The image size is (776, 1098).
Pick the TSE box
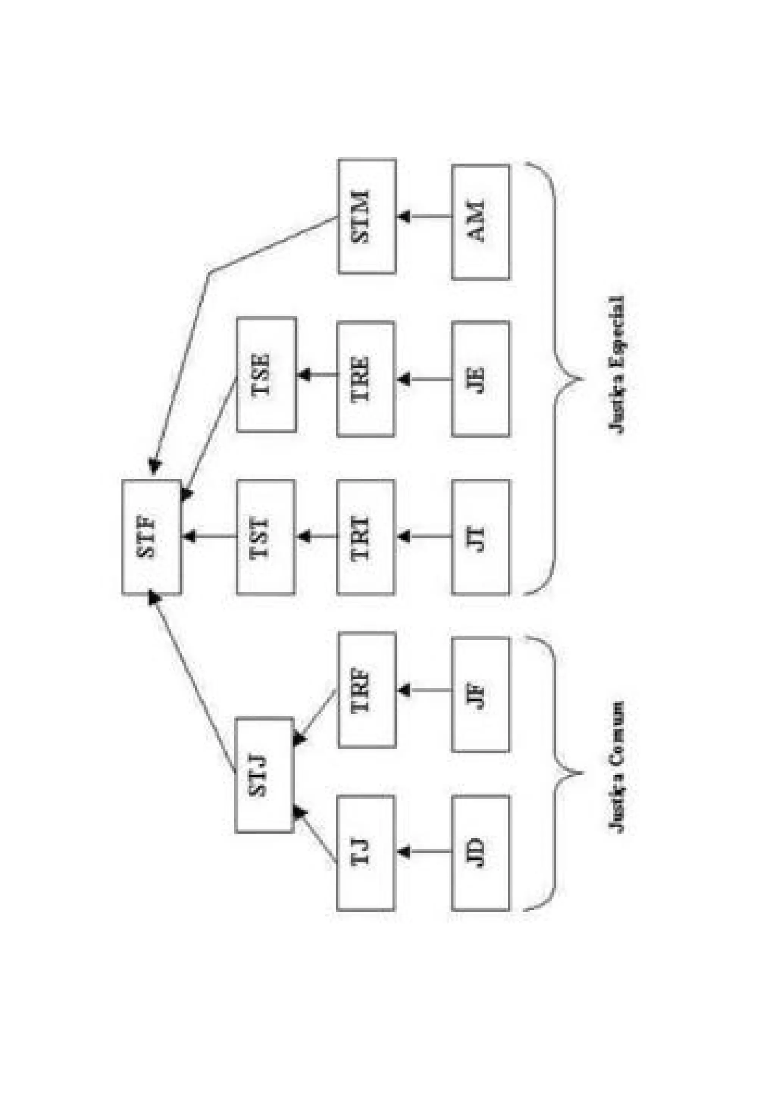[266, 374]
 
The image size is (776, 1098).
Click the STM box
[367, 216]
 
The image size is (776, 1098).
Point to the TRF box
[367, 690]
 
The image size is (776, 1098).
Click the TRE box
[366, 379]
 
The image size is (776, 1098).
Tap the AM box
[480, 222]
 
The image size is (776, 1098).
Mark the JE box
[480, 379]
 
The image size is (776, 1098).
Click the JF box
[480, 694]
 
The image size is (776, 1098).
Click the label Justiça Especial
[616, 364]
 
